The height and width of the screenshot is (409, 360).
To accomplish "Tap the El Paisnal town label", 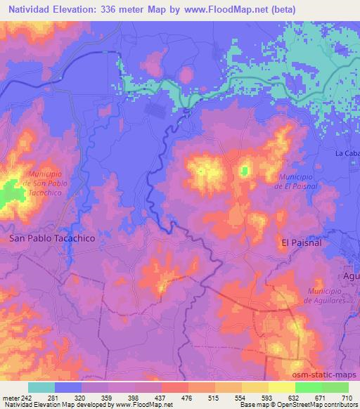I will click(301, 242).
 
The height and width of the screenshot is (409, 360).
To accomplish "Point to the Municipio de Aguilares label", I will click(328, 295).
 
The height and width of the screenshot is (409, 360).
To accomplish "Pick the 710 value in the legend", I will click(346, 398).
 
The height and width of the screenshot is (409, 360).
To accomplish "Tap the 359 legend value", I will click(108, 398).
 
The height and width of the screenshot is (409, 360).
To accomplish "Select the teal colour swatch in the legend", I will click(41, 387).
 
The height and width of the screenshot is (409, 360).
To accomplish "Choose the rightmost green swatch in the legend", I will click(335, 387).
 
